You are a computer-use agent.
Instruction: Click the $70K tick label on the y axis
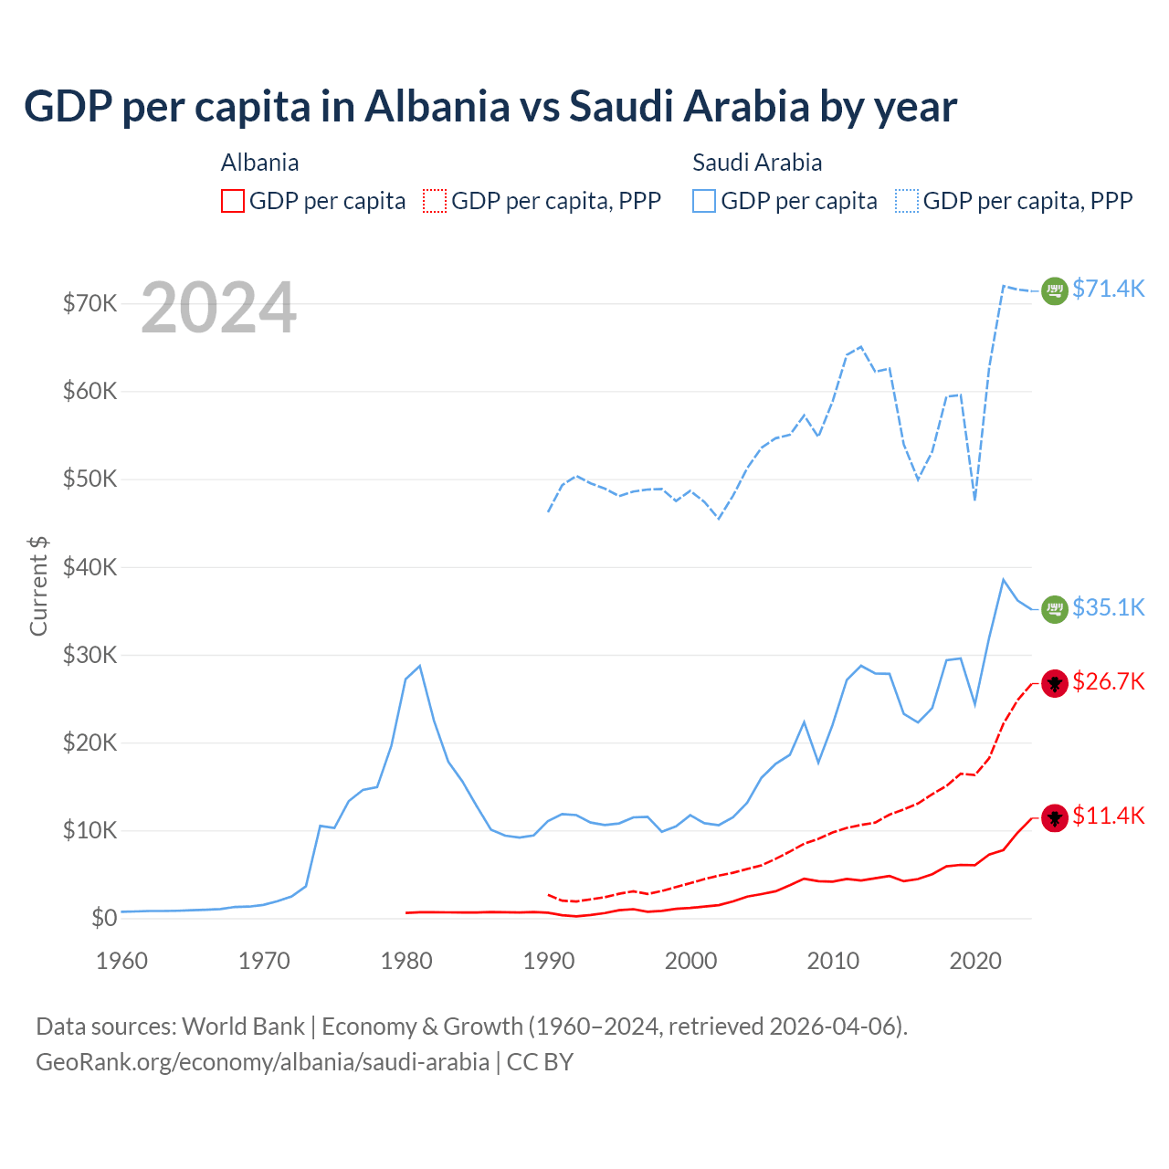(90, 303)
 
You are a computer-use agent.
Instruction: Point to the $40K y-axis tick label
(90, 567)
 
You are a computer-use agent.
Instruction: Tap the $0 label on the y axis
(104, 918)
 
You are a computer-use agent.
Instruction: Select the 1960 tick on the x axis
(121, 961)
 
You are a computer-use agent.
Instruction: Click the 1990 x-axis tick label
(548, 961)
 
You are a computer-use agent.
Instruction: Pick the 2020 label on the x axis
(975, 961)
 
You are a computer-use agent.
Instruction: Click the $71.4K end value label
(1108, 289)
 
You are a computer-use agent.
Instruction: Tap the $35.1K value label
(1108, 607)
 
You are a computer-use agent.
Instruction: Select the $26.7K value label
(1108, 681)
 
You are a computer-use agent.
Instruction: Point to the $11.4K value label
(1108, 816)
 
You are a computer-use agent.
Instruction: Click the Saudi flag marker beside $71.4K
(1055, 290)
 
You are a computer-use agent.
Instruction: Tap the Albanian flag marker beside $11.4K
(1055, 817)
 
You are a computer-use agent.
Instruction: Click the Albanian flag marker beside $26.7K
(1055, 682)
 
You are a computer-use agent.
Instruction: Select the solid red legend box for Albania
(233, 201)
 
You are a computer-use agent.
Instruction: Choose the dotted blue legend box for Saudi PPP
(907, 201)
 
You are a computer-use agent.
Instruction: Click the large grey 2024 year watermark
(218, 308)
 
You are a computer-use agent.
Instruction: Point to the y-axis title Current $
(38, 585)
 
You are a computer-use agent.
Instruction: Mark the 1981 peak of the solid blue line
(419, 666)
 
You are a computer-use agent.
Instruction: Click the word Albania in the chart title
(437, 106)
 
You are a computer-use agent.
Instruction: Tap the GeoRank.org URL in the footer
(263, 1062)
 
